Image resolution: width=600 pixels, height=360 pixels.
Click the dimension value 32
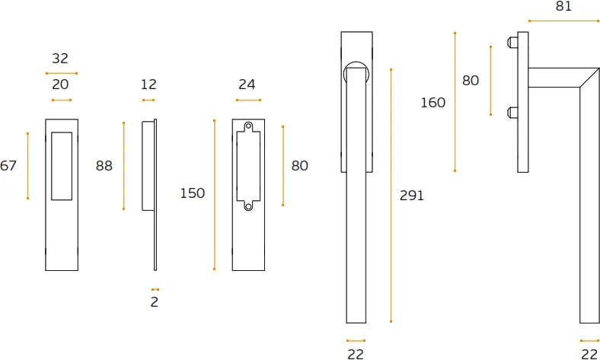(60, 59)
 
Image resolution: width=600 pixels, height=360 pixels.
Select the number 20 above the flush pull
(60, 84)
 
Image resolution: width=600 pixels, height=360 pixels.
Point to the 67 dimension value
(8, 166)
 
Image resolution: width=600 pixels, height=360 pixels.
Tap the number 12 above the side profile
(148, 84)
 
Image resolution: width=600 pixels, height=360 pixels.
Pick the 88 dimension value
(104, 166)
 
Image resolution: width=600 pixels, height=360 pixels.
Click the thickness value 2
(155, 302)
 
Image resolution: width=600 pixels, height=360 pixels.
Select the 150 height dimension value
(193, 193)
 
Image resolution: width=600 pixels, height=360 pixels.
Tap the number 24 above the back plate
(247, 84)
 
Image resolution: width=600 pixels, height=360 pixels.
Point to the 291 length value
(412, 196)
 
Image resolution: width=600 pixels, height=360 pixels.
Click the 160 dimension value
(433, 103)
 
